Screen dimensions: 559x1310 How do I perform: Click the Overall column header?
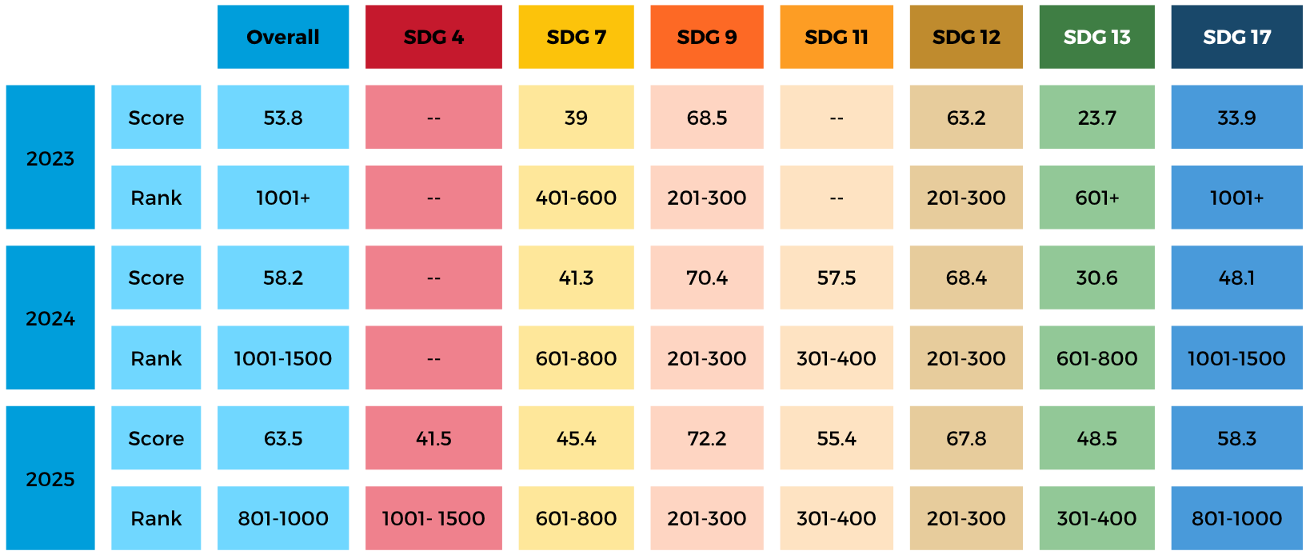283,37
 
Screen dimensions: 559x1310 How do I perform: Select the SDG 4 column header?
433,37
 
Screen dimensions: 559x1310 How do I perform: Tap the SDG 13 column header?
1096,37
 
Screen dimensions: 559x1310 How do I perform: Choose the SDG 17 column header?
1236,37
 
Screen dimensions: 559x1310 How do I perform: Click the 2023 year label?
50,158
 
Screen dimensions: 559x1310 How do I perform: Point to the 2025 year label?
50,478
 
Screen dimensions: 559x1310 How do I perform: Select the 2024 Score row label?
156,278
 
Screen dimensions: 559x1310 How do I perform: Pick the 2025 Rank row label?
156,518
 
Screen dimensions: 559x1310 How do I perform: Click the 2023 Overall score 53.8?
283,118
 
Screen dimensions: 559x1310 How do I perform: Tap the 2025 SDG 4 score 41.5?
433,438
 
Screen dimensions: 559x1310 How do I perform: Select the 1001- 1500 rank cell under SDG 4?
433,518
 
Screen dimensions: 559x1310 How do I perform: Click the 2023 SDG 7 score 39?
576,118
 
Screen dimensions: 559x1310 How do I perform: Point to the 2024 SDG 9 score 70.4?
707,278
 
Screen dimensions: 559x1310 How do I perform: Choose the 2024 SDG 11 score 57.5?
837,278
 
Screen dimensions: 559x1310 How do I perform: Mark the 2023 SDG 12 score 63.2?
966,118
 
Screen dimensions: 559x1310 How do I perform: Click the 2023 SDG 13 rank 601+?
1096,198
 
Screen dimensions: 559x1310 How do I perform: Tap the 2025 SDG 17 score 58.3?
1236,438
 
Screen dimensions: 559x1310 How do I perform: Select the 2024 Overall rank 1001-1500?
283,358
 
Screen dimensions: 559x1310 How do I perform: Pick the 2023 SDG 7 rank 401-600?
576,198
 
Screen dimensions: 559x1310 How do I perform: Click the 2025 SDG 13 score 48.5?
1096,438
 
